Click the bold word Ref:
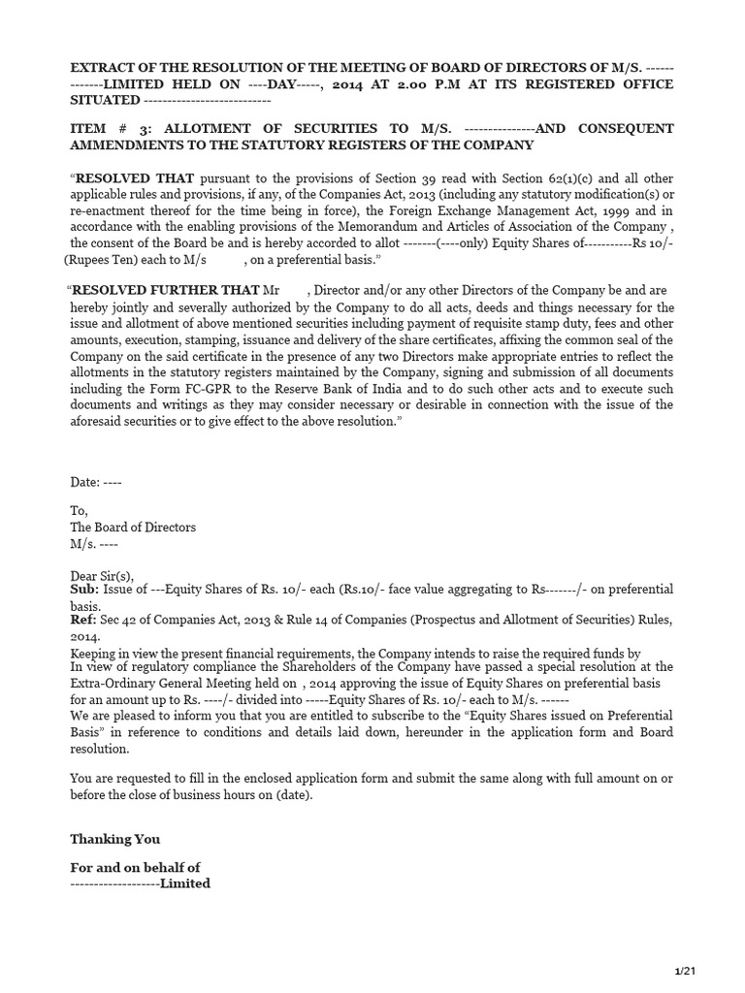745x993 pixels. tap(83, 621)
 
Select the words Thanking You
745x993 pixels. tap(115, 839)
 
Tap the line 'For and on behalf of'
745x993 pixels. tap(135, 867)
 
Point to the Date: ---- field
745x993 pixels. tap(96, 482)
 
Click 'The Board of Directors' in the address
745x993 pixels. tap(133, 528)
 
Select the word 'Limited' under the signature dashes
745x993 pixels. tap(185, 883)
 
